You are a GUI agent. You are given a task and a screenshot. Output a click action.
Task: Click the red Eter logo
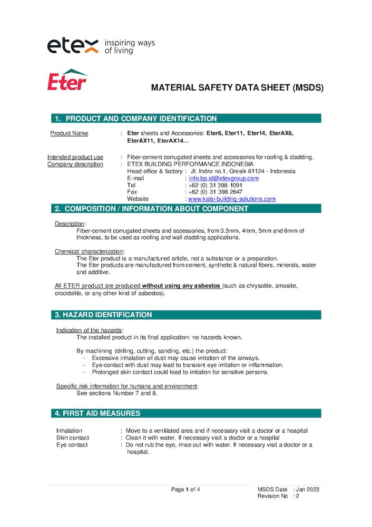(67, 80)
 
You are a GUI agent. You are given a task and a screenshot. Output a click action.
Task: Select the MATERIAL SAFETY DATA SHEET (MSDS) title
(237, 88)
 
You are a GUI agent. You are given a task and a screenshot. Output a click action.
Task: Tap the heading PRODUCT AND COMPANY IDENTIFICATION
(141, 119)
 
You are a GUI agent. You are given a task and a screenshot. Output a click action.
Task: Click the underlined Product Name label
(69, 133)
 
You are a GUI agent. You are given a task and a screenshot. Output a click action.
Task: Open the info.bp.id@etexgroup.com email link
(223, 178)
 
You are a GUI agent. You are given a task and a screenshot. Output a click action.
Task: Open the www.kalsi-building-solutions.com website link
(232, 199)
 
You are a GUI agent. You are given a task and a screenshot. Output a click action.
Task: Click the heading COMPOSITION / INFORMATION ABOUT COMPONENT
(156, 209)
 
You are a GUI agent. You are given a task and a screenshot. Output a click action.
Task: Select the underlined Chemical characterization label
(89, 251)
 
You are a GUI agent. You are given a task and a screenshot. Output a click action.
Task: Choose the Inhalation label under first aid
(69, 431)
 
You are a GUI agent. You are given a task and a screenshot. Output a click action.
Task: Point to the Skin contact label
(72, 438)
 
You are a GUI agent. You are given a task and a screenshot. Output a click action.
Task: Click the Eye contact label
(72, 445)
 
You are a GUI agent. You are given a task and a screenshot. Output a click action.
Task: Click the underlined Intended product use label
(75, 157)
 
